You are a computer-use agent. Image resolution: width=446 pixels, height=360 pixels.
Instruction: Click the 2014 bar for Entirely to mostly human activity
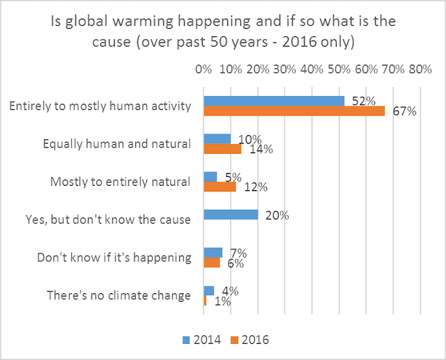pyautogui.click(x=273, y=101)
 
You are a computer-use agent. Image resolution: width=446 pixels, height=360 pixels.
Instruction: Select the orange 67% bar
pyautogui.click(x=293, y=111)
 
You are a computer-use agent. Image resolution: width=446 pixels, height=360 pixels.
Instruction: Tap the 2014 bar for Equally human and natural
pyautogui.click(x=216, y=139)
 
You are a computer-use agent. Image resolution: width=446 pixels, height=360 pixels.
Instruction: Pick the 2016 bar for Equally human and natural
pyautogui.click(x=222, y=148)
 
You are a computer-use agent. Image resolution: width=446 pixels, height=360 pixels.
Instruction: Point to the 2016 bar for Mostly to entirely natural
pyautogui.click(x=219, y=187)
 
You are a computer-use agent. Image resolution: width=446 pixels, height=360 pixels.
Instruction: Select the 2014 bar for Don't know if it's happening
pyautogui.click(x=212, y=252)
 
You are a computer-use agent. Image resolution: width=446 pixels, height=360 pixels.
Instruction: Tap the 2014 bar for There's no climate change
pyautogui.click(x=208, y=290)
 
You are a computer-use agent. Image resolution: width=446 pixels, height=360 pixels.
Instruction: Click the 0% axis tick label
pyautogui.click(x=203, y=70)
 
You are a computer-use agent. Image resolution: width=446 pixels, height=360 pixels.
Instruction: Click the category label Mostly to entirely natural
pyautogui.click(x=121, y=182)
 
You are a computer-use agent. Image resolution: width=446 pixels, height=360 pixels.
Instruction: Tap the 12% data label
pyautogui.click(x=248, y=187)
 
